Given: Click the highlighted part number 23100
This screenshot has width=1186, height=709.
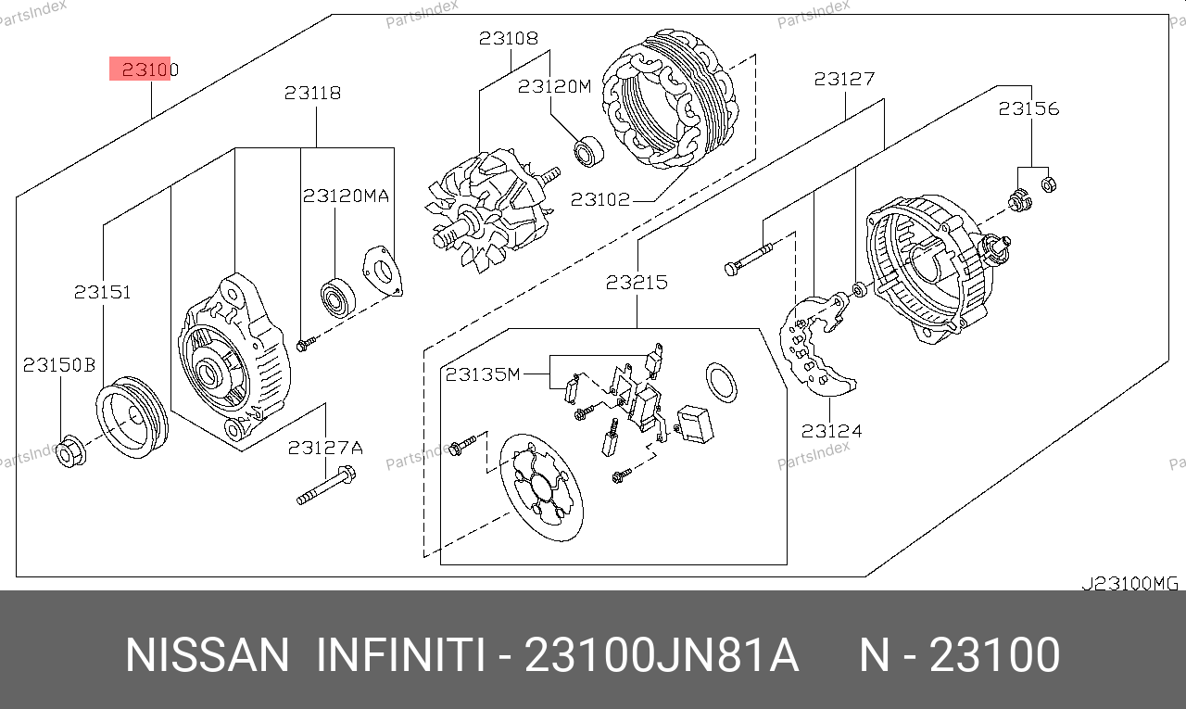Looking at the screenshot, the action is point(150,70).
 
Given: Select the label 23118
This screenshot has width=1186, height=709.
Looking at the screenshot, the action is point(313,94).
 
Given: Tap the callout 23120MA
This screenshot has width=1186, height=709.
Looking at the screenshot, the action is point(346,196).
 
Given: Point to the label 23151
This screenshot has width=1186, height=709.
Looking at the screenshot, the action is point(102,292).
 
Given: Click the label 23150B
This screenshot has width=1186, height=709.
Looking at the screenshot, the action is point(59,365).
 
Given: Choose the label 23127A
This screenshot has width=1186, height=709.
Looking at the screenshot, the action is point(325,448).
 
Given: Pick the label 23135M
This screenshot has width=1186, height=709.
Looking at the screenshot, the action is point(483,374).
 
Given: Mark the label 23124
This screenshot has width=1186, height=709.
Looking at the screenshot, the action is point(832,431).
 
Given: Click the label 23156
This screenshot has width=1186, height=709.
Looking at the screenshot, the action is point(1028,108).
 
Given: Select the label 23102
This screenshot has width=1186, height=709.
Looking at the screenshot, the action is point(600,199).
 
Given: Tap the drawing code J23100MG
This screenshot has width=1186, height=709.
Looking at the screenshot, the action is point(1129,584).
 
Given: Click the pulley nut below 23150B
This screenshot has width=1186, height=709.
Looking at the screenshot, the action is point(70,451).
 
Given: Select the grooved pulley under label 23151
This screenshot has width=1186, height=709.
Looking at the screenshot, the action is point(132,417).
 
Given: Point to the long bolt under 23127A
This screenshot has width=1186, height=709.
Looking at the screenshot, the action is point(326,485).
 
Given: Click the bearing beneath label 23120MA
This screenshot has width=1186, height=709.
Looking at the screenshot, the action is point(338,298).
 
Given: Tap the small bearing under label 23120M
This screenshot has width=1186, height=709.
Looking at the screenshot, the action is point(588,151).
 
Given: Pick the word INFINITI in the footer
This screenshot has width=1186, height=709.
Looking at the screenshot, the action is point(401,655).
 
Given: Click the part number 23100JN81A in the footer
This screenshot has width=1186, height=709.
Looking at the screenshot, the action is point(662,655).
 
